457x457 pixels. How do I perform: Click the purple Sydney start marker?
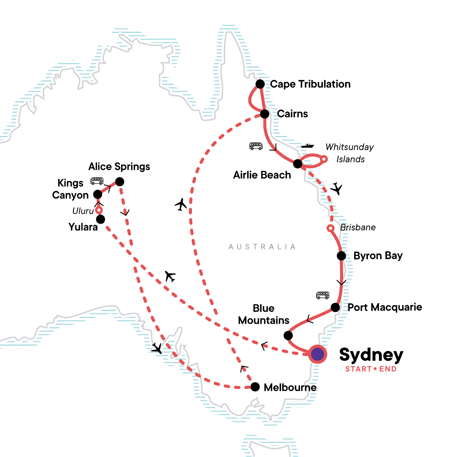317,354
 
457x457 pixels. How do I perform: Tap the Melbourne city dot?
255,387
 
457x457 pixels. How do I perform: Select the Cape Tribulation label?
310,84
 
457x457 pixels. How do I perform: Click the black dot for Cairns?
265,113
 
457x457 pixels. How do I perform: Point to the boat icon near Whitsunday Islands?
308,145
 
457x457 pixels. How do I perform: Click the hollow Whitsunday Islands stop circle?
324,159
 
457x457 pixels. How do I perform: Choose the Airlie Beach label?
262,175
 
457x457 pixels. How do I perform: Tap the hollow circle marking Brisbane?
331,228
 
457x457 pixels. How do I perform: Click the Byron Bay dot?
341,256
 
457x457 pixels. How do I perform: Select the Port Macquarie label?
385,307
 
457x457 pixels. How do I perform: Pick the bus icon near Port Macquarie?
323,295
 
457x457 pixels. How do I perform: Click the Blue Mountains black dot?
288,335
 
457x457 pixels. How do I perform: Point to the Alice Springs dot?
120,182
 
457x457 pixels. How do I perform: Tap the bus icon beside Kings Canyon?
97,181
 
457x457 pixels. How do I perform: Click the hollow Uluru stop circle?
99,210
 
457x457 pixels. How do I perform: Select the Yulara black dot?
101,219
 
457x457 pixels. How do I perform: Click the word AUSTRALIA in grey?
262,247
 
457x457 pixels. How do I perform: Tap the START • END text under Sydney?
371,369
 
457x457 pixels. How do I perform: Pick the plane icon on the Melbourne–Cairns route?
181,205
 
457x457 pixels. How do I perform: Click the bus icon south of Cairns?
256,146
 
